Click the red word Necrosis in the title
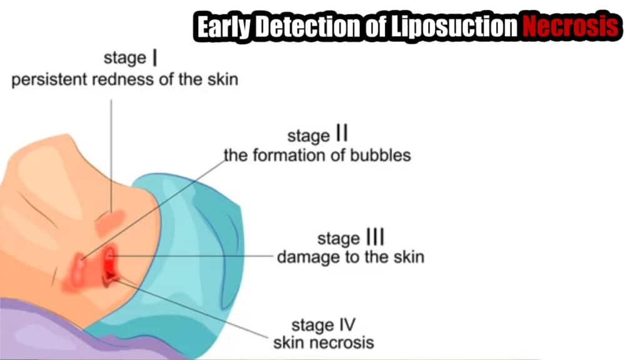pyautogui.click(x=571, y=26)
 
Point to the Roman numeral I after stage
pyautogui.click(x=155, y=57)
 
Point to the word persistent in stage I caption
pyautogui.click(x=49, y=79)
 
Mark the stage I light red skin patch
pyautogui.click(x=110, y=222)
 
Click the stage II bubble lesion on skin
pyautogui.click(x=79, y=270)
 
